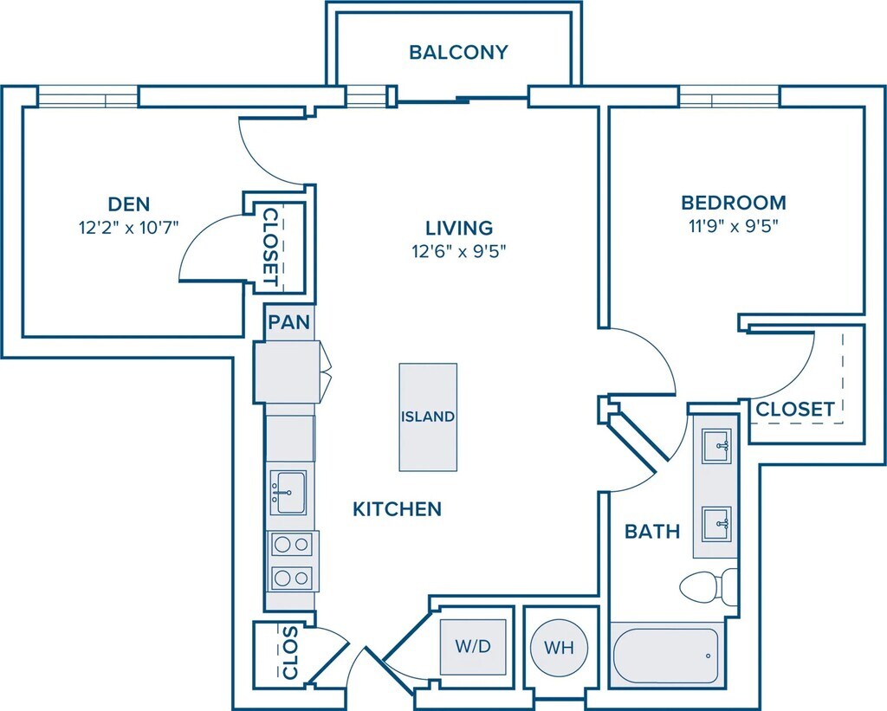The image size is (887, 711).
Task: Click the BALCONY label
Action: [458, 53]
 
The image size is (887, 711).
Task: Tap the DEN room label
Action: [128, 205]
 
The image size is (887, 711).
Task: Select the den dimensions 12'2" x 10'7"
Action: [128, 229]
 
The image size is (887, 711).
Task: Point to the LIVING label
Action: [459, 229]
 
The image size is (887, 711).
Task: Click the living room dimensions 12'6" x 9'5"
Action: [459, 252]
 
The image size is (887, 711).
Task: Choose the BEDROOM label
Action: [734, 204]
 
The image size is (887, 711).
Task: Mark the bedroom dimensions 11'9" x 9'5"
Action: [734, 228]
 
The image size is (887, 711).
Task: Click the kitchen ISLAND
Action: [427, 417]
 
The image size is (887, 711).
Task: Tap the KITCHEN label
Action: [397, 509]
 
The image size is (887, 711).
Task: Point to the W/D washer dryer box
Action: [473, 647]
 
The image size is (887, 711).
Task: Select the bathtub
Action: [665, 655]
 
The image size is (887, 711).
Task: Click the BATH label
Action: [652, 532]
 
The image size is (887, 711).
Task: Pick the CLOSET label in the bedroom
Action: [795, 409]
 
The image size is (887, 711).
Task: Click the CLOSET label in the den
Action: [270, 247]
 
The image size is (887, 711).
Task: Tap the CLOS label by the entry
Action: [288, 654]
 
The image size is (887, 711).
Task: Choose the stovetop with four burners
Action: [292, 561]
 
